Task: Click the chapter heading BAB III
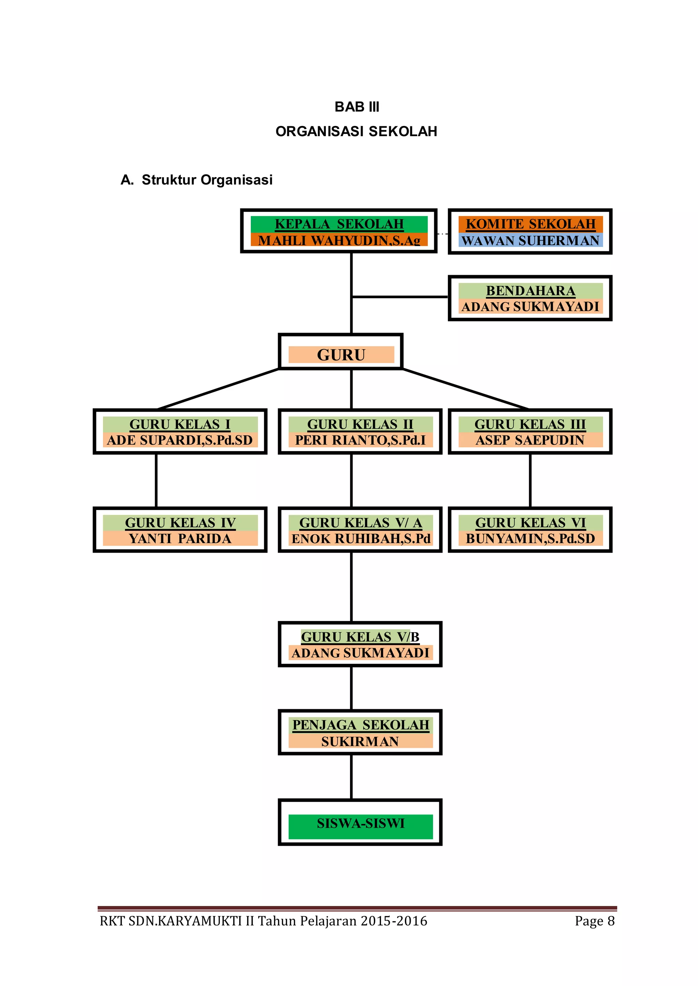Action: click(357, 107)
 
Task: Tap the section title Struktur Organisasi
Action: click(207, 180)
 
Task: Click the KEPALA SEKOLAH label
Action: click(339, 224)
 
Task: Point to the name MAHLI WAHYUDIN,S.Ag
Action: click(339, 240)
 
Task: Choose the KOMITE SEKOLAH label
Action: click(530, 224)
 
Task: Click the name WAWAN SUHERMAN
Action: click(530, 240)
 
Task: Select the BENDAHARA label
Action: click(530, 291)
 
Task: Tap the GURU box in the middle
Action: click(341, 355)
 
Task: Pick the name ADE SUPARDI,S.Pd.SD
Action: click(180, 440)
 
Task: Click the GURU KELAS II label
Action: click(360, 424)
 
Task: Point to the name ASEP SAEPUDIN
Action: click(530, 440)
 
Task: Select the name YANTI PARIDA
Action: click(180, 539)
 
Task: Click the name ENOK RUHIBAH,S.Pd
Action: click(361, 539)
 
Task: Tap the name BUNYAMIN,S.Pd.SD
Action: click(530, 539)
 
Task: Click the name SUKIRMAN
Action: click(360, 742)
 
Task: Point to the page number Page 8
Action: click(595, 921)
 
